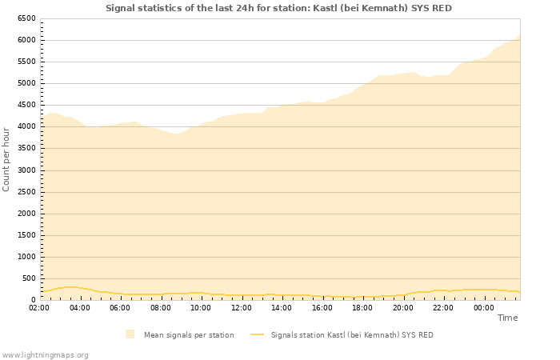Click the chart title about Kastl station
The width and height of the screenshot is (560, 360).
[278, 8]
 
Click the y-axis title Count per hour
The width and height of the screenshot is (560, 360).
[6, 158]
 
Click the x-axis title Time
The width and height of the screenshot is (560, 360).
[507, 318]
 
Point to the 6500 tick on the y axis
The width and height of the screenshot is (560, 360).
[26, 18]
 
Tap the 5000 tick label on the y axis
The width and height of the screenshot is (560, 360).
[26, 83]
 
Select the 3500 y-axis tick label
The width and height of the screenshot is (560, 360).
[26, 148]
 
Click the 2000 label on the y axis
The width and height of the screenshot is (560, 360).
[26, 214]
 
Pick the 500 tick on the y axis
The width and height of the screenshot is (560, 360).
[30, 278]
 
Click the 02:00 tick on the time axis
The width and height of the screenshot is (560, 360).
[39, 307]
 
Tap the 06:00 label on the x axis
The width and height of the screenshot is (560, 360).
[120, 307]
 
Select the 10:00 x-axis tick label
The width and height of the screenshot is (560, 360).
[201, 307]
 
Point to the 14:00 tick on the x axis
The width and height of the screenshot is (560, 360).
[282, 307]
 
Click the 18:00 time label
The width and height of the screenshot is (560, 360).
[362, 307]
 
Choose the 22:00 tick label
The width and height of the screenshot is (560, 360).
[443, 307]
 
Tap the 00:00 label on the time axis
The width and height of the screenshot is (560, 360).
[483, 307]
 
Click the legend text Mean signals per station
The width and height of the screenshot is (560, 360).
[189, 335]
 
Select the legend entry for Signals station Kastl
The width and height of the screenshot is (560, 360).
[352, 335]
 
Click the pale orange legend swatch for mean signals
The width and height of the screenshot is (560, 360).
[130, 334]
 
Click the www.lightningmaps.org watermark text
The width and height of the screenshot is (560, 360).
[45, 354]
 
